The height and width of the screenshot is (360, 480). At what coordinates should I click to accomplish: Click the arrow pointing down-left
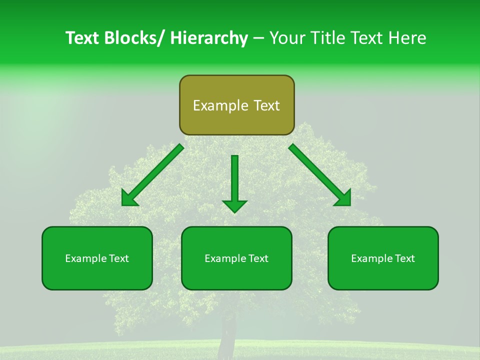[152, 175]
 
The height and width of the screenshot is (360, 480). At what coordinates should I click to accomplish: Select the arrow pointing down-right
[320, 175]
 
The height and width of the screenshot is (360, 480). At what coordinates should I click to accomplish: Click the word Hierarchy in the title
[209, 38]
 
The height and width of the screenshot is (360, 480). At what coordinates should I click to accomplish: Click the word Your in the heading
[287, 38]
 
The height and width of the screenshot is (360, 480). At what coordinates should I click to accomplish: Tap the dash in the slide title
[258, 38]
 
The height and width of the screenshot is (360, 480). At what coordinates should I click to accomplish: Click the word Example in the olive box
[220, 105]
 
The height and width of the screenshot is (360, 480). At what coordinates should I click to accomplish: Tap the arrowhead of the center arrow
[234, 205]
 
